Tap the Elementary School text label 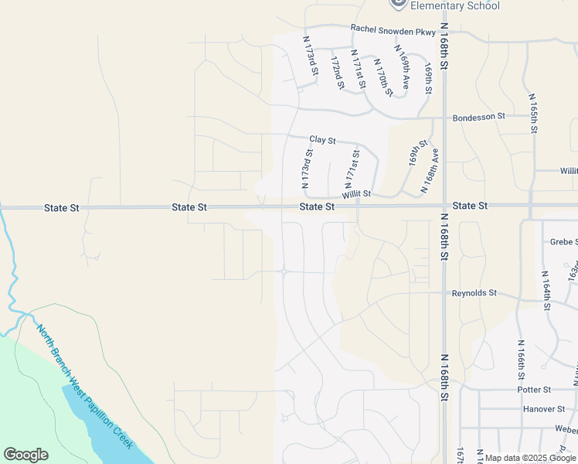tap(454, 6)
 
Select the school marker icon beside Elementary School tap(398, 3)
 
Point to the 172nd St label tap(336, 71)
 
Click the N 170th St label tap(382, 77)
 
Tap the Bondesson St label tap(478, 116)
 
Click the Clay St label tap(322, 140)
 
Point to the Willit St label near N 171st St tap(357, 194)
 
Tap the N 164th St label tap(546, 291)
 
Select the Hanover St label tap(544, 409)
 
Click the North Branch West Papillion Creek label tap(86, 386)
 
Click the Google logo tap(25, 455)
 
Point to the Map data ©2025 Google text tap(529, 458)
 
